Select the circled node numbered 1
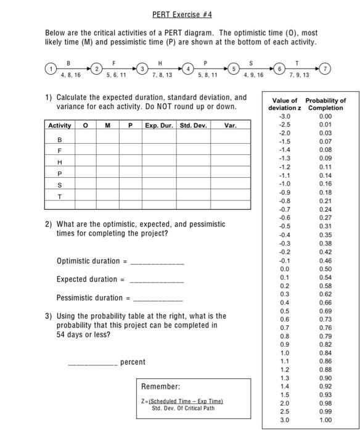51,69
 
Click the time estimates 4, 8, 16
72,77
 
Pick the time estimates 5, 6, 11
117,77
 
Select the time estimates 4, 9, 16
253,77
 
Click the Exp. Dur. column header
160,126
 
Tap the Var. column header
230,126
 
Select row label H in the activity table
59,162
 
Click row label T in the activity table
59,196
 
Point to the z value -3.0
284,116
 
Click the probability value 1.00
325,420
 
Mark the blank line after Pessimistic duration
158,299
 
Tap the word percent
133,362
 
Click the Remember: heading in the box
161,386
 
